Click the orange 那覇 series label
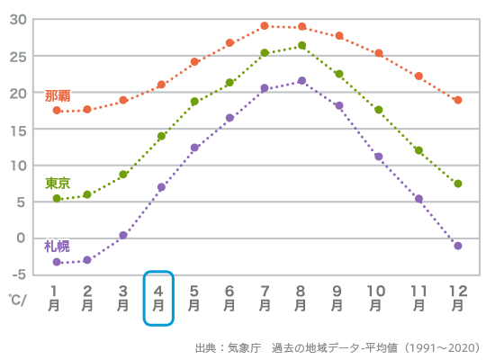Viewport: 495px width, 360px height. tap(58, 95)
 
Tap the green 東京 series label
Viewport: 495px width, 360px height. tap(58, 183)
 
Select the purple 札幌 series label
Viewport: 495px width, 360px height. tap(57, 246)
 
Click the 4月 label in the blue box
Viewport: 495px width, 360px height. tap(158, 298)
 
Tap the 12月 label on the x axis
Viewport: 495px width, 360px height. tap(458, 298)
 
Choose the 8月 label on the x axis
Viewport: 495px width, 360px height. tap(301, 298)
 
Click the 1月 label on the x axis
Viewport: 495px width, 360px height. tap(56, 298)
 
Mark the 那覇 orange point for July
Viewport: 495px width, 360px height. tap(265, 26)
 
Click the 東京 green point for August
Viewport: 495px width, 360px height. tap(301, 46)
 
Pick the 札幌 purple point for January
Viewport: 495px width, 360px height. tap(57, 262)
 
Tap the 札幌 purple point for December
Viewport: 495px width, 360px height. tap(458, 246)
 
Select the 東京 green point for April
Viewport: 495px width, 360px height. tap(161, 137)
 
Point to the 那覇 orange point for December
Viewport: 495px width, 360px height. tap(458, 100)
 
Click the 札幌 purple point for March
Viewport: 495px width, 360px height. tap(123, 235)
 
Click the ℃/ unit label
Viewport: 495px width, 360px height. tap(18, 298)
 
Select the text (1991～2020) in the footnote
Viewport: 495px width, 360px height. tap(442, 347)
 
